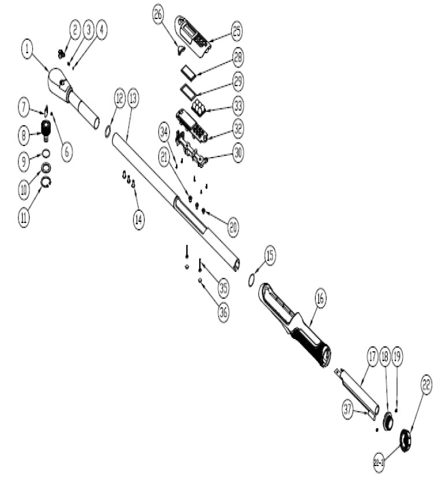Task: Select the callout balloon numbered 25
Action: (237, 32)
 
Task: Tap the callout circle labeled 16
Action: (321, 299)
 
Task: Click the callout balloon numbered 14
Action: (139, 219)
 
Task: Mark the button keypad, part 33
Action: (200, 106)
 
